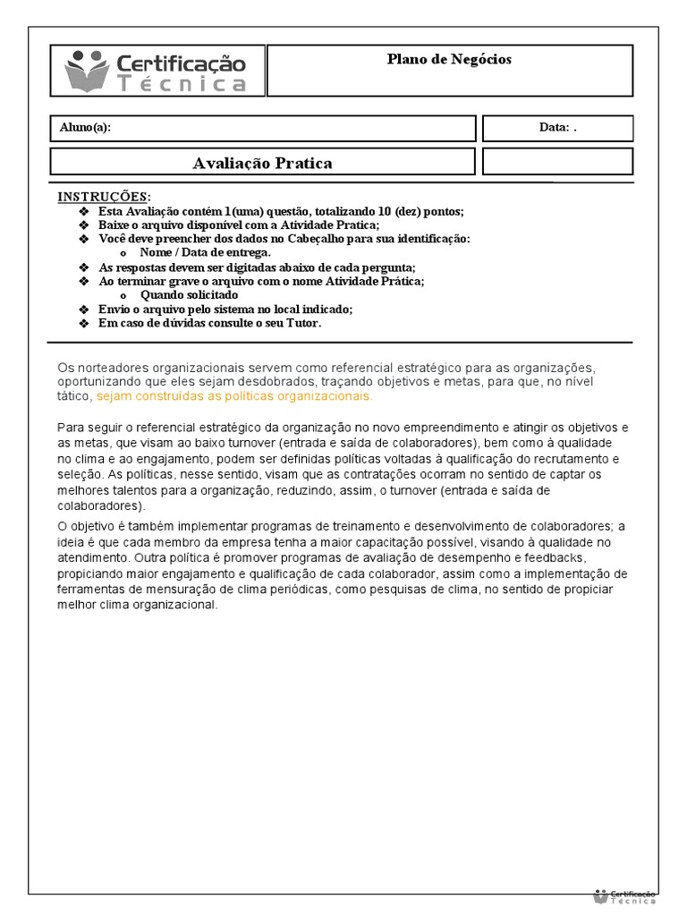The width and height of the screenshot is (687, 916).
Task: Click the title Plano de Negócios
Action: [x=449, y=59]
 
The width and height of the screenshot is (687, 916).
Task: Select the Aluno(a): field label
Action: [x=85, y=128]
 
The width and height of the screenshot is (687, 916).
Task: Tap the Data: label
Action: [x=555, y=128]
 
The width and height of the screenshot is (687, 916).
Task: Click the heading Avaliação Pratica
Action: [x=262, y=163]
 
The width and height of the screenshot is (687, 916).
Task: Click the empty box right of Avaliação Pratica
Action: [x=557, y=162]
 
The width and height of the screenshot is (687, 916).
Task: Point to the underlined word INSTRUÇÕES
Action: [x=104, y=197]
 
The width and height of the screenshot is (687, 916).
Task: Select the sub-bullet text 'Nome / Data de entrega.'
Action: [x=192, y=252]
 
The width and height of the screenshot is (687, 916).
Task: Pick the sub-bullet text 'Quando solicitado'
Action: [x=189, y=294]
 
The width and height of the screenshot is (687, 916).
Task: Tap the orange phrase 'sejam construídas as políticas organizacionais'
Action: [x=234, y=395]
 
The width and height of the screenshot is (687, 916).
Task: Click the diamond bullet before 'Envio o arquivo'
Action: [x=84, y=310]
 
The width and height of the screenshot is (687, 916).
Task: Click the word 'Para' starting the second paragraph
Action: [x=70, y=427]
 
